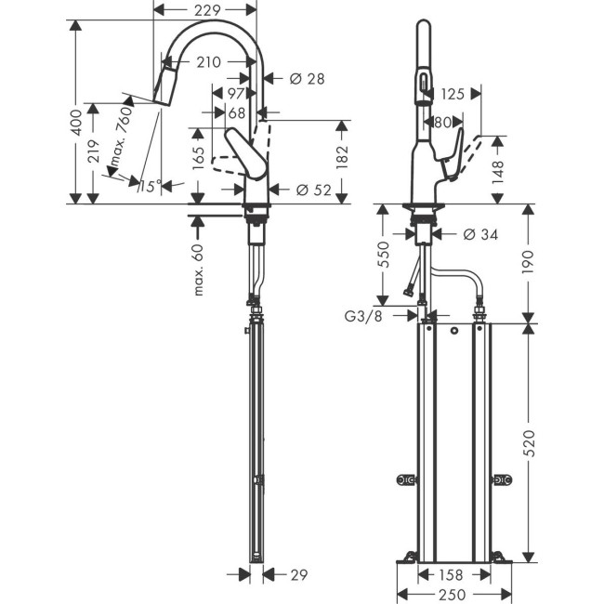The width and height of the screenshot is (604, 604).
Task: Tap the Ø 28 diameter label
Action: pos(307,80)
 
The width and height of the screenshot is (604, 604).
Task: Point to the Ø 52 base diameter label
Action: pos(312,190)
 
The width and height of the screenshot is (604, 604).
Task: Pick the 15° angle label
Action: pos(149,187)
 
